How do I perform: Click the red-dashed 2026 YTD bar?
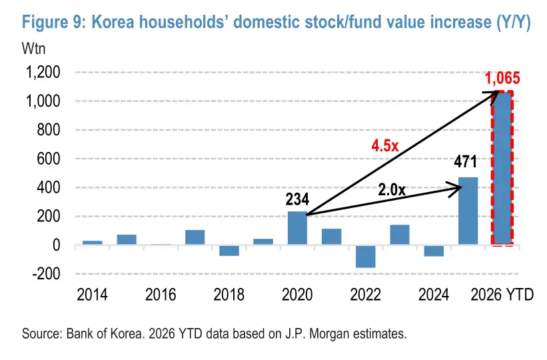pos(502,167)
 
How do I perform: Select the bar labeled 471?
pos(468,211)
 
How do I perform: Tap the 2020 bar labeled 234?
pos(297,228)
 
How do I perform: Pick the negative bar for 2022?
pos(366,257)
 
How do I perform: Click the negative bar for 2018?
pos(229,251)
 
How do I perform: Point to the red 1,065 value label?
pos(502,78)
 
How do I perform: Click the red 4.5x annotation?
pos(385,145)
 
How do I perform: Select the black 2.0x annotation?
pos(392,189)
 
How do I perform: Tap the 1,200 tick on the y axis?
pos(43,72)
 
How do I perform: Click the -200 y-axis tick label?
pos(46,274)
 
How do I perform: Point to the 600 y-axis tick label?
pos(49,159)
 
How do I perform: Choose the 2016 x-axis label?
pos(161,295)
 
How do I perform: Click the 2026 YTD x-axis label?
pos(502,295)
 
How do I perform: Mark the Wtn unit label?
pos(33,49)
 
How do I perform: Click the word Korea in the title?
pos(113,22)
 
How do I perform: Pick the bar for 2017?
pos(195,237)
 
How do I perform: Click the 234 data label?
pos(297,199)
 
